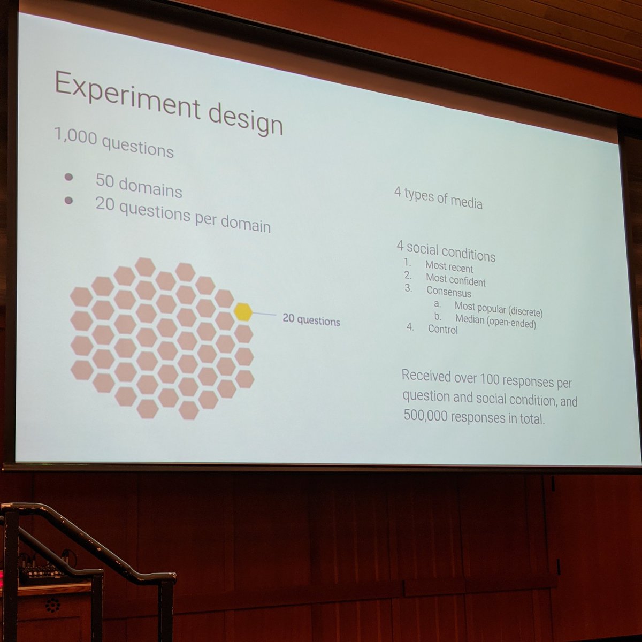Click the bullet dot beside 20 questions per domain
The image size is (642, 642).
68,201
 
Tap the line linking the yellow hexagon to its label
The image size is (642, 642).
264,315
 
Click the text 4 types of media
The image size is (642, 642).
438,198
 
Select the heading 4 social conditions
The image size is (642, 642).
446,250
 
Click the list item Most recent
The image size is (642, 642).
449,266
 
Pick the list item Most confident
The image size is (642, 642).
455,279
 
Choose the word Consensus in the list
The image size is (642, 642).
448,292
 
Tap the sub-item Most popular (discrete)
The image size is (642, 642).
498,309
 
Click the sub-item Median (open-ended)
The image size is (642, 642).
495,321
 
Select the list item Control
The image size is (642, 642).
442,329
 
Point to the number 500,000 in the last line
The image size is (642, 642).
426,416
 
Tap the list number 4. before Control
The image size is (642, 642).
410,327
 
